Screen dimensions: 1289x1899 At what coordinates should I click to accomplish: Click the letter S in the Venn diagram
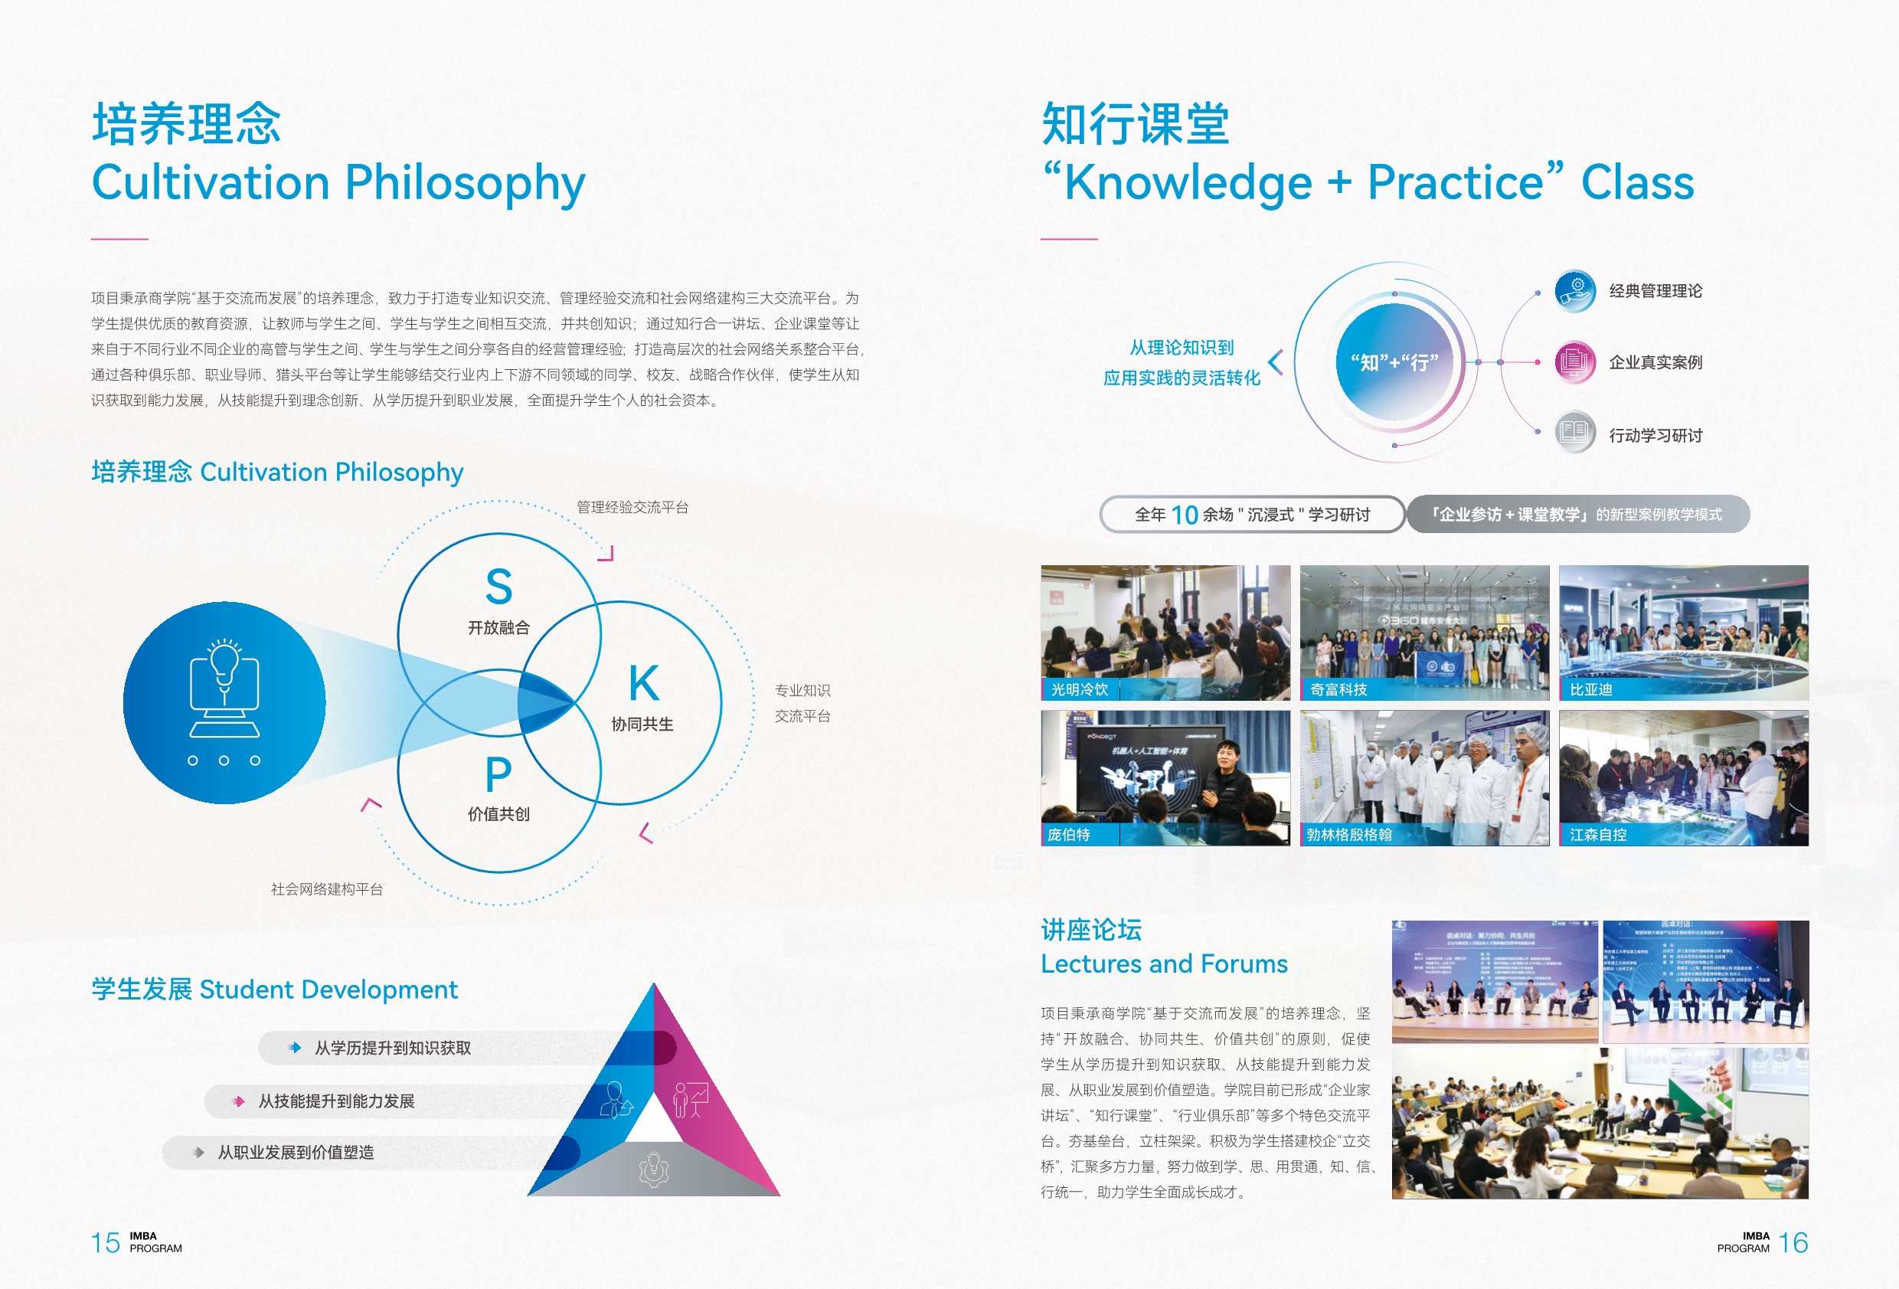498,587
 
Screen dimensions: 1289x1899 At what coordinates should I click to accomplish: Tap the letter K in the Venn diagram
644,683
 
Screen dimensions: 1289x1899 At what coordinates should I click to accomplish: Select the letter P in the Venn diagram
498,775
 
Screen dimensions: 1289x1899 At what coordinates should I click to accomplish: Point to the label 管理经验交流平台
632,508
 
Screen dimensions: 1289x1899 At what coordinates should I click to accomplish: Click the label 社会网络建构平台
327,889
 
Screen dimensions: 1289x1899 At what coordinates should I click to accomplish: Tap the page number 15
106,1243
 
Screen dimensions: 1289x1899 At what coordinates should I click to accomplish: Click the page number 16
1793,1243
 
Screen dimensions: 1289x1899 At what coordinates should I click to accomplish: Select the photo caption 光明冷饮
1080,690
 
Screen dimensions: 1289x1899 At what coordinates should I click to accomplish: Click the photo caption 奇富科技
1338,690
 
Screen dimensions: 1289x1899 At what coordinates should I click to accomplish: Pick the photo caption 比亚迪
1591,690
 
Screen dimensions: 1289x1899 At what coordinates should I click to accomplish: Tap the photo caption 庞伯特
1069,835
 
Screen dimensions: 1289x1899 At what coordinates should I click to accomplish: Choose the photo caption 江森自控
1597,835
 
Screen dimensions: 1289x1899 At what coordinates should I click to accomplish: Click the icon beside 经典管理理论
1574,291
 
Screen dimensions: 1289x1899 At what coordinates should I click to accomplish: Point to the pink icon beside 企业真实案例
1574,362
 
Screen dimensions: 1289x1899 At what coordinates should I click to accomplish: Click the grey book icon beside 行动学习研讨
1574,431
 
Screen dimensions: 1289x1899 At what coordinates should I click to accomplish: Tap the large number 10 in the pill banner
1184,515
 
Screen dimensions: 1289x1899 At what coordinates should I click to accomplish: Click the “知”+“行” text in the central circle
1394,362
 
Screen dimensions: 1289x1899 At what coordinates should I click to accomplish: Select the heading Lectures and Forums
1164,964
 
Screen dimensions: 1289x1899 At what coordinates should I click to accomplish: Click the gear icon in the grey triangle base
654,1169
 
